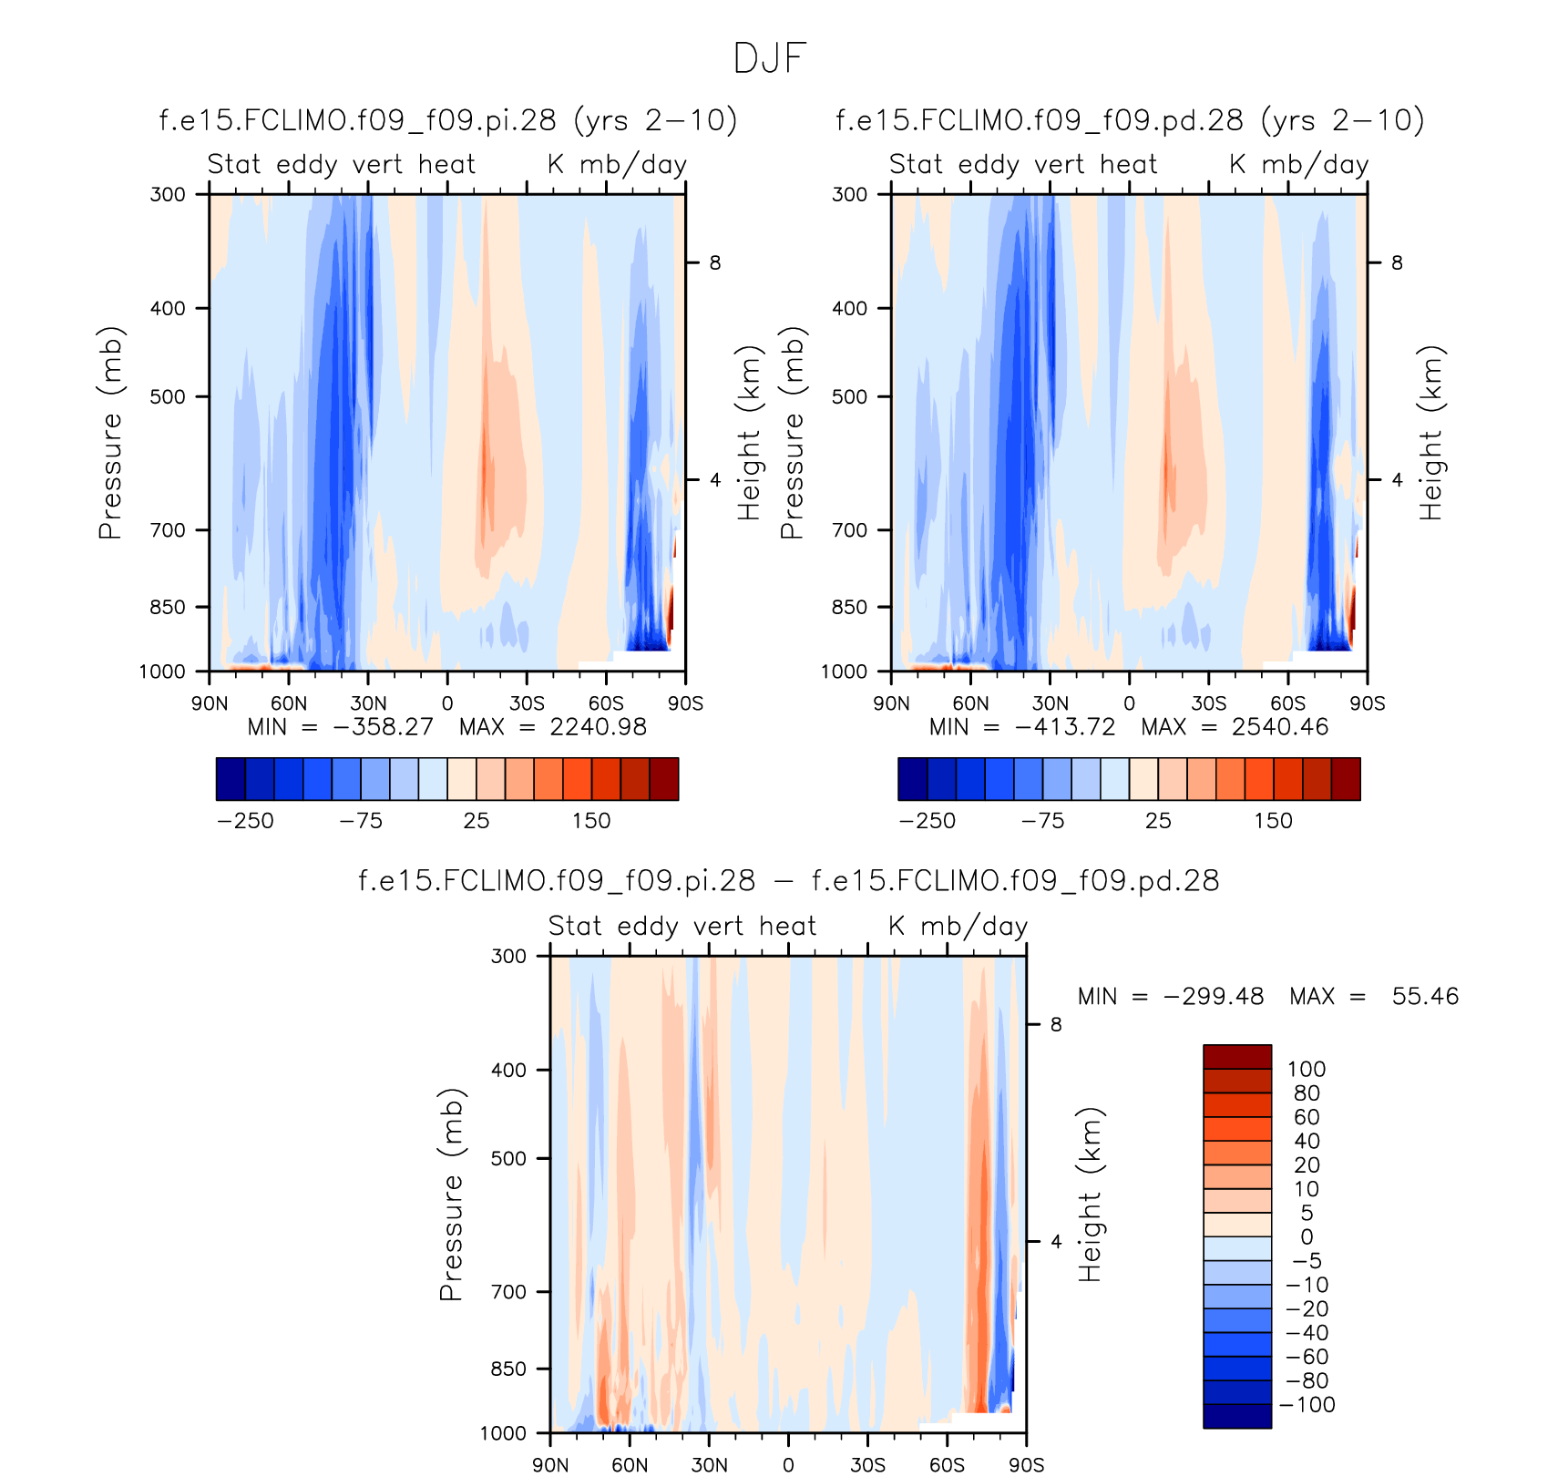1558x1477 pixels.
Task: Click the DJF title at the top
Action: point(770,59)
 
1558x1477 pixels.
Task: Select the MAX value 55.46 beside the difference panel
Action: point(1425,997)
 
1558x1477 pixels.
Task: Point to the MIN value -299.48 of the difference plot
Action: point(1214,997)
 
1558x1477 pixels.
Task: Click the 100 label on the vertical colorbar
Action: point(1307,1070)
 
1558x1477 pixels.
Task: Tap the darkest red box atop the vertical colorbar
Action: point(1237,1057)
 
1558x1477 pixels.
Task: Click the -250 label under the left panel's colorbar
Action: point(245,821)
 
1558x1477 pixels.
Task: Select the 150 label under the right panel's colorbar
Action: point(1273,821)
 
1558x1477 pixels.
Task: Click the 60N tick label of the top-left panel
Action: point(289,703)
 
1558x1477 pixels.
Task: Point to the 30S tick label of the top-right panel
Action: point(1208,703)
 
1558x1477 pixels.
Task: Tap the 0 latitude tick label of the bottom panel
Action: point(788,1465)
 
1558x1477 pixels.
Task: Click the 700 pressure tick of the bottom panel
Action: point(508,1292)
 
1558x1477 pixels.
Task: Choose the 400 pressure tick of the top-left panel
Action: point(168,309)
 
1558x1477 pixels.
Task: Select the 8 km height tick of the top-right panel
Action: point(1397,263)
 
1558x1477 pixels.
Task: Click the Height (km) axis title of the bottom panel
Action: point(1091,1195)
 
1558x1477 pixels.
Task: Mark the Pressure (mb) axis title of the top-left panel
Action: point(109,433)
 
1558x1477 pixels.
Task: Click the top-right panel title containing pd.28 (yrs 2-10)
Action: point(1130,120)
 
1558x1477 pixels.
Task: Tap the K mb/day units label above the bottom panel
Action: point(958,927)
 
